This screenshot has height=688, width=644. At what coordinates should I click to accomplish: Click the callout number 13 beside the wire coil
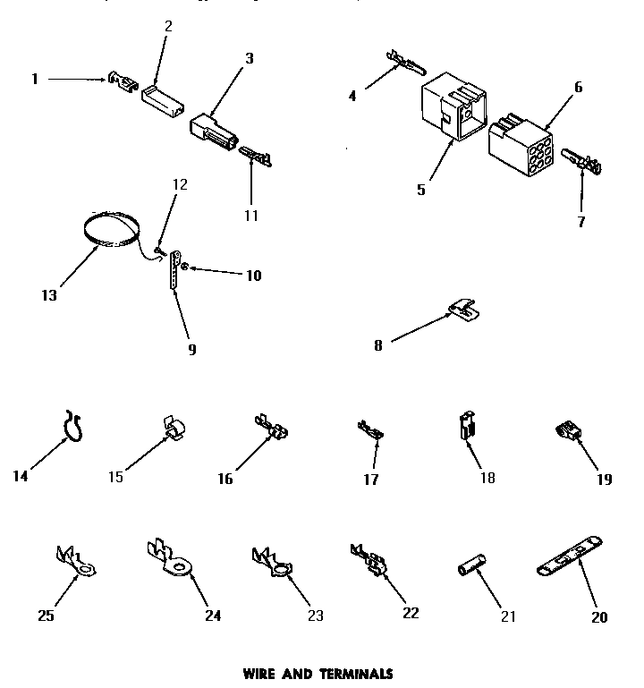49,295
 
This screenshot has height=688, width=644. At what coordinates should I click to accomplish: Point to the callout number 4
352,96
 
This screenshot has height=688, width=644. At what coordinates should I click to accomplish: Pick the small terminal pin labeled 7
582,162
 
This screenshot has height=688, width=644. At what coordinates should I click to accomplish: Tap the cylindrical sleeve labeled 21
471,569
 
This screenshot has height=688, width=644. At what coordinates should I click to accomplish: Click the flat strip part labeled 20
570,556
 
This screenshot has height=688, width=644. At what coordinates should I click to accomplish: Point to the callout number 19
605,479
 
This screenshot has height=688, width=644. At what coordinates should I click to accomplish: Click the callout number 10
254,276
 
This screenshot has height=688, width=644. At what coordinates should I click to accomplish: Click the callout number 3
250,58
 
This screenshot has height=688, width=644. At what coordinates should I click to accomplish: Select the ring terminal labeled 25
73,560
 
